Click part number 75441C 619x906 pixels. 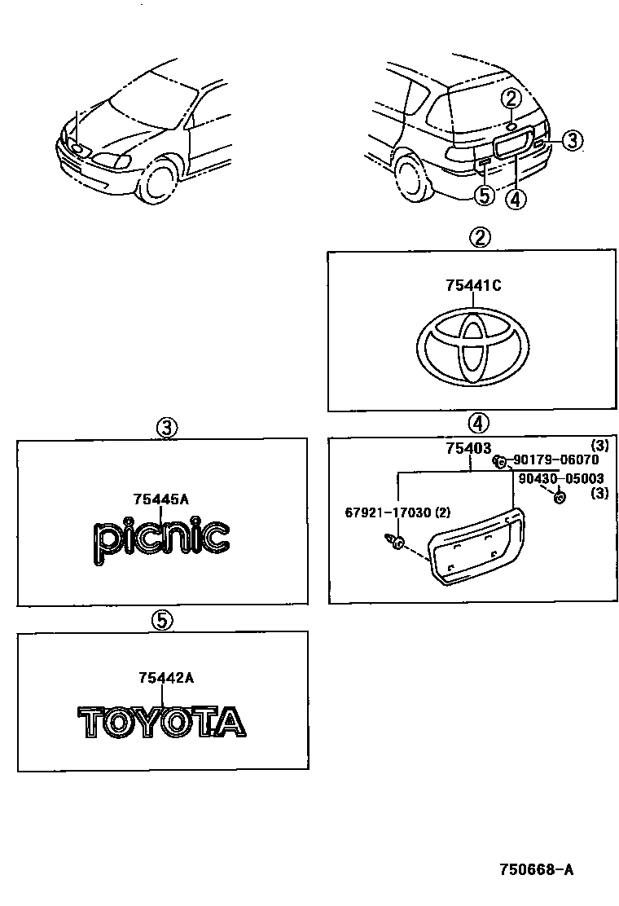[472, 286]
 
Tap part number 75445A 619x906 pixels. [161, 499]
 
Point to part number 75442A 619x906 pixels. [165, 677]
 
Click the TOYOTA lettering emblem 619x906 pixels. [161, 722]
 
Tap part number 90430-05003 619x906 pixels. [561, 479]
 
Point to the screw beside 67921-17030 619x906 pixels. [393, 541]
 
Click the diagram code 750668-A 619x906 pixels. [536, 869]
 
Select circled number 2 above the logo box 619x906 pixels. [480, 237]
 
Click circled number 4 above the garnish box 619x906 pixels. [478, 422]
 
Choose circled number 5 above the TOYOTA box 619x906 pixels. [162, 620]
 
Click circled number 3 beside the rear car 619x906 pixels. [572, 140]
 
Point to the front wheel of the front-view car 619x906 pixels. [158, 181]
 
